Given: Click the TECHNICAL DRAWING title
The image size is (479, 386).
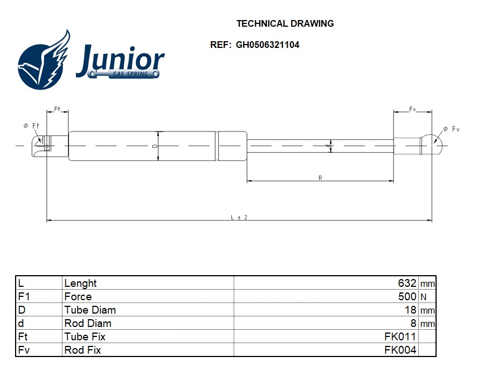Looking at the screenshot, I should tap(285, 23).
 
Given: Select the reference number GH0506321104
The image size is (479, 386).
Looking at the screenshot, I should tap(267, 45).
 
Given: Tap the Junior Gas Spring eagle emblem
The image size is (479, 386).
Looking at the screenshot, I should tap(45, 60).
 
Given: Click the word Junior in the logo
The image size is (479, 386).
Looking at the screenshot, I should tap(119, 60).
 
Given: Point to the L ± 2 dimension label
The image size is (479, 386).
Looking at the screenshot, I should tap(239, 217).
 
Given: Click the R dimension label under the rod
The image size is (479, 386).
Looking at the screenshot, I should tap(320, 178).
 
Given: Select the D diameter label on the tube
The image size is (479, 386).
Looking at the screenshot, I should tap(154, 146).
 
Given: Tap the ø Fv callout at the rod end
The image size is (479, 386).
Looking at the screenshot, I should tap(452, 129).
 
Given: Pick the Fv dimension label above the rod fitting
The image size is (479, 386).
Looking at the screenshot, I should tap(413, 110).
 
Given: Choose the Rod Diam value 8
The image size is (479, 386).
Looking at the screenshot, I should tap(413, 323).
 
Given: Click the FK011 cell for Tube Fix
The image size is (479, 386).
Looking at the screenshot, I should tap(400, 336).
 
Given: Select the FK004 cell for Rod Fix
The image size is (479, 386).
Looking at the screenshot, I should tap(400, 350).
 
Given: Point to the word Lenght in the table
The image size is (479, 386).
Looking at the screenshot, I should tap(80, 283).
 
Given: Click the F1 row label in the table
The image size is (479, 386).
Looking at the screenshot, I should tap(23, 296).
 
